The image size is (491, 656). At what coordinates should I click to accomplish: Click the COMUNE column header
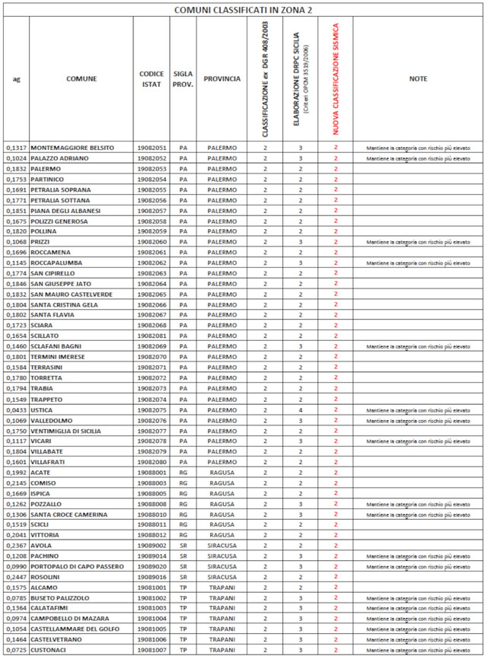pyautogui.click(x=81, y=78)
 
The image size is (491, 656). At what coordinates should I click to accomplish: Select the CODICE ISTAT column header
pyautogui.click(x=151, y=78)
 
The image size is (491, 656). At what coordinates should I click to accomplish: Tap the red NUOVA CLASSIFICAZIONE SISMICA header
pyautogui.click(x=336, y=78)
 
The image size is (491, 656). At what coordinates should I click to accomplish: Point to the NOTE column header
pyautogui.click(x=417, y=78)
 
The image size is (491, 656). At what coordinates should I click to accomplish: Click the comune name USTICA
pyautogui.click(x=42, y=409)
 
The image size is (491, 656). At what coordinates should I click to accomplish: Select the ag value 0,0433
pyautogui.click(x=16, y=409)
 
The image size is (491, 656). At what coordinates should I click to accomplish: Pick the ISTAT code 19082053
pyautogui.click(x=151, y=168)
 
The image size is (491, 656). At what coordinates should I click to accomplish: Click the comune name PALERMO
pyautogui.click(x=46, y=168)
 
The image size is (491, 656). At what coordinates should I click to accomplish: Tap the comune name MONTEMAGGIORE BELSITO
pyautogui.click(x=72, y=147)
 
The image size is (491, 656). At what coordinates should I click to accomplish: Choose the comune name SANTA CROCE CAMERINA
pyautogui.click(x=69, y=514)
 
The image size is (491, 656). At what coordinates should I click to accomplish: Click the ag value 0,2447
pyautogui.click(x=16, y=577)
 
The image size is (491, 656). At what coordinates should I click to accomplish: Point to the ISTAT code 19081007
pyautogui.click(x=151, y=651)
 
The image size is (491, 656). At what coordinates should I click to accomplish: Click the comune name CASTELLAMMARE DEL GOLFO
pyautogui.click(x=77, y=629)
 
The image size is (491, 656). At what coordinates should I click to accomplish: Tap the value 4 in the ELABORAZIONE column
pyautogui.click(x=301, y=409)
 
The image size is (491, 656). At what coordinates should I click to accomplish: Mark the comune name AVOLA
pyautogui.click(x=40, y=546)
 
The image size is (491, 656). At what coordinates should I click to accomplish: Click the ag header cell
pyautogui.click(x=16, y=78)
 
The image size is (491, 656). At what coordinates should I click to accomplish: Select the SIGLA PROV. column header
pyautogui.click(x=183, y=78)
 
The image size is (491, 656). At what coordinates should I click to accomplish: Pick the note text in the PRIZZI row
pyautogui.click(x=417, y=242)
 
